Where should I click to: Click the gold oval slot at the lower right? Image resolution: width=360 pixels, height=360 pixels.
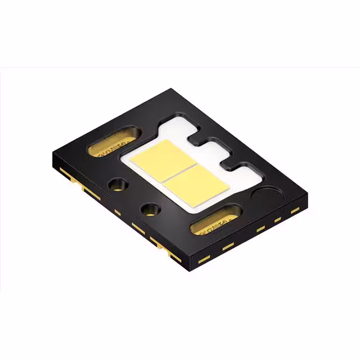pyautogui.click(x=216, y=224)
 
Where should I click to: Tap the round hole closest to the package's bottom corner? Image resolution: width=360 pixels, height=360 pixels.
pyautogui.click(x=151, y=210)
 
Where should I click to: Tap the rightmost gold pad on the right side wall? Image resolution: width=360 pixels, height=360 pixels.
pyautogui.click(x=295, y=210)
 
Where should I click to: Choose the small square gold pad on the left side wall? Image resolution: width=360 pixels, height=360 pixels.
pyautogui.click(x=118, y=212)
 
